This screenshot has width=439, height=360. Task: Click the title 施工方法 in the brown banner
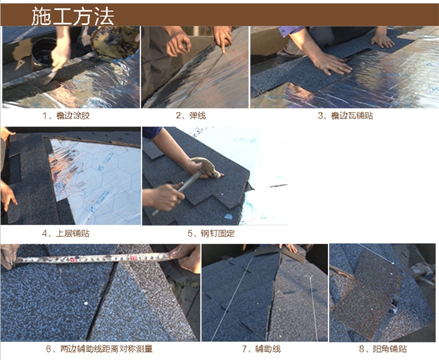[73, 16]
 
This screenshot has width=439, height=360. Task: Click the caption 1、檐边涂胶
[66, 116]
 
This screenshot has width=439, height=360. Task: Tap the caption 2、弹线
[191, 116]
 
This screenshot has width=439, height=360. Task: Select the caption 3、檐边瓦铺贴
[346, 116]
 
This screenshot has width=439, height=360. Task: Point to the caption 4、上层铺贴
[66, 234]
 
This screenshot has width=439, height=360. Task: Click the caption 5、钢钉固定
[211, 234]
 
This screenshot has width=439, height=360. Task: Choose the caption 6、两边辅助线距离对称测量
[99, 349]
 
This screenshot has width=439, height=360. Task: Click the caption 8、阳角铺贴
[383, 349]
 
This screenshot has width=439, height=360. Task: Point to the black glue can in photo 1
[44, 54]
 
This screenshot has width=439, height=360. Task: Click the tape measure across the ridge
[92, 259]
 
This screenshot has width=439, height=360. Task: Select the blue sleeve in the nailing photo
[152, 132]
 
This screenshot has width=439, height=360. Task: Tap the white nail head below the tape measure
[86, 303]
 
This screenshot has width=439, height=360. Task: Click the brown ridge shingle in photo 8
[366, 294]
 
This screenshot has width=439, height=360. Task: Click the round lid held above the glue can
[116, 42]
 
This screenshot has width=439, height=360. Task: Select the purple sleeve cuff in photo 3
[288, 31]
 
